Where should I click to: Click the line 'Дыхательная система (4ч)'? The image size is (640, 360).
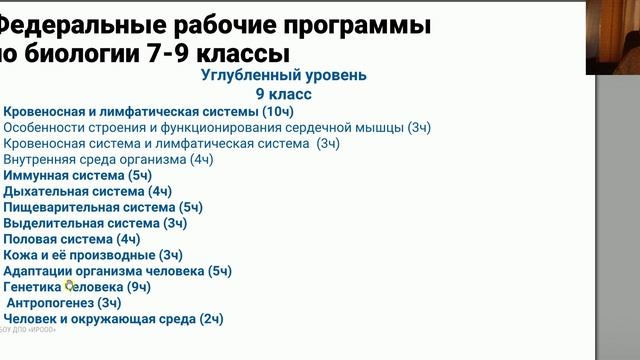coord(88,191)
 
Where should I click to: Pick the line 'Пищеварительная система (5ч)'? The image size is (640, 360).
coord(103,207)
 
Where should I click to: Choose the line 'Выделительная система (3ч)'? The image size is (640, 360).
coord(95,223)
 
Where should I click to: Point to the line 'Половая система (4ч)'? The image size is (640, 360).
coord(72,239)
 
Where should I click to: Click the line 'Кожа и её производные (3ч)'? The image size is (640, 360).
coord(93,255)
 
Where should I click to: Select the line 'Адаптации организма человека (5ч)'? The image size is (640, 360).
coord(117,271)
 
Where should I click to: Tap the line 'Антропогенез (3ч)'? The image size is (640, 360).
coord(64,302)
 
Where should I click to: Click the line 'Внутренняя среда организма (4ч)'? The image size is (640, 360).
coord(108,159)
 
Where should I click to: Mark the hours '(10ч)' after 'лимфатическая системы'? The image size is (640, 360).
coord(268,111)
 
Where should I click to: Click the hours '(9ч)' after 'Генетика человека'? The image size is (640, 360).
coord(136,287)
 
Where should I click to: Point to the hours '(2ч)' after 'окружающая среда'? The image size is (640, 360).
coord(210,319)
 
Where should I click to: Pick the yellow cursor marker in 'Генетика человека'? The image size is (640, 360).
coord(70,286)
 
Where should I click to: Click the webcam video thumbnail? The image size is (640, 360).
coord(613,36)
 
